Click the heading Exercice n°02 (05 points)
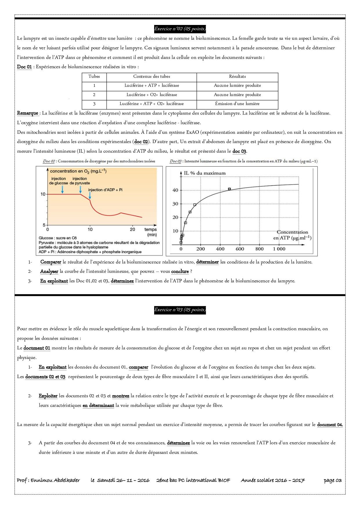[x=180, y=29]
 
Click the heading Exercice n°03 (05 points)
[x=180, y=310]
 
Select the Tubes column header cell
[x=94, y=77]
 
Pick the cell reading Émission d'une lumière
[x=237, y=104]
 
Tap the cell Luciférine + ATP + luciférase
[x=152, y=86]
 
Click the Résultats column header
[x=237, y=77]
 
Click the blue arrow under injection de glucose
[x=62, y=189]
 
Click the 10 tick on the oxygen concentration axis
[x=43, y=194]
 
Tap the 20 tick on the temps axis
[x=132, y=230]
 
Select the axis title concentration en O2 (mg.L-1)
[x=78, y=171]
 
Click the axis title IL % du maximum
[x=204, y=173]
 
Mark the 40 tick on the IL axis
[x=175, y=190]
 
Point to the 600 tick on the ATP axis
[x=240, y=249]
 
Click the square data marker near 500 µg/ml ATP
[x=229, y=189]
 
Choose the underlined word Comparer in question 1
[x=51, y=262]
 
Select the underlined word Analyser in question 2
[x=49, y=272]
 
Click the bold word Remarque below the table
[x=28, y=113]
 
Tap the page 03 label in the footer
[x=333, y=481]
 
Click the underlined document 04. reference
[x=330, y=425]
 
